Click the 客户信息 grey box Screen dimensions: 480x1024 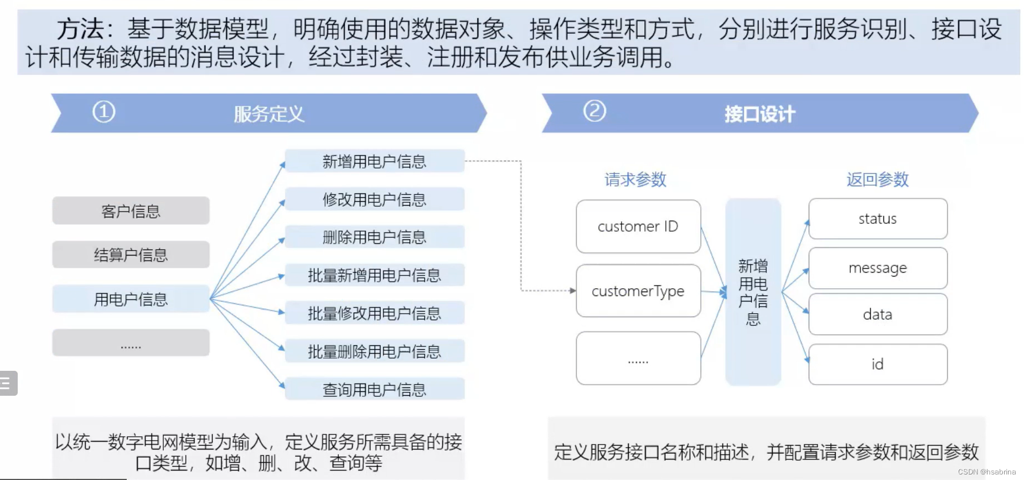(131, 211)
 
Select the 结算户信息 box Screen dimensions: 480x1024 (131, 254)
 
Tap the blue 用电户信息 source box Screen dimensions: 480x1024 (131, 299)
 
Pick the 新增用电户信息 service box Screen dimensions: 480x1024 (374, 161)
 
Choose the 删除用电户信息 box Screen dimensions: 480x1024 (374, 237)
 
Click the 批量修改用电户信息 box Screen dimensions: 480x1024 (374, 313)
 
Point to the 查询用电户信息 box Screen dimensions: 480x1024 (374, 389)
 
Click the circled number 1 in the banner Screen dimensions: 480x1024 (104, 111)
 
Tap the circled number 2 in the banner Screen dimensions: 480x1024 (594, 111)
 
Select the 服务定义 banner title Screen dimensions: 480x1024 (269, 114)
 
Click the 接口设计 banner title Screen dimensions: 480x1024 (759, 114)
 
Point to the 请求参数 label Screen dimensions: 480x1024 (635, 179)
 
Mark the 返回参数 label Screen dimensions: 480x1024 (877, 179)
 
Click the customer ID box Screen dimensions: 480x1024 (638, 226)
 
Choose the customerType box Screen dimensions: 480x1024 (638, 291)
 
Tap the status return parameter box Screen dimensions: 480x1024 (877, 218)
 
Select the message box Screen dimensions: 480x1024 (877, 268)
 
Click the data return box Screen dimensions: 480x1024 (877, 314)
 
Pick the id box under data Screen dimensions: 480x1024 (877, 364)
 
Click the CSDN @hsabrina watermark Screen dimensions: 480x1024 (986, 472)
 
